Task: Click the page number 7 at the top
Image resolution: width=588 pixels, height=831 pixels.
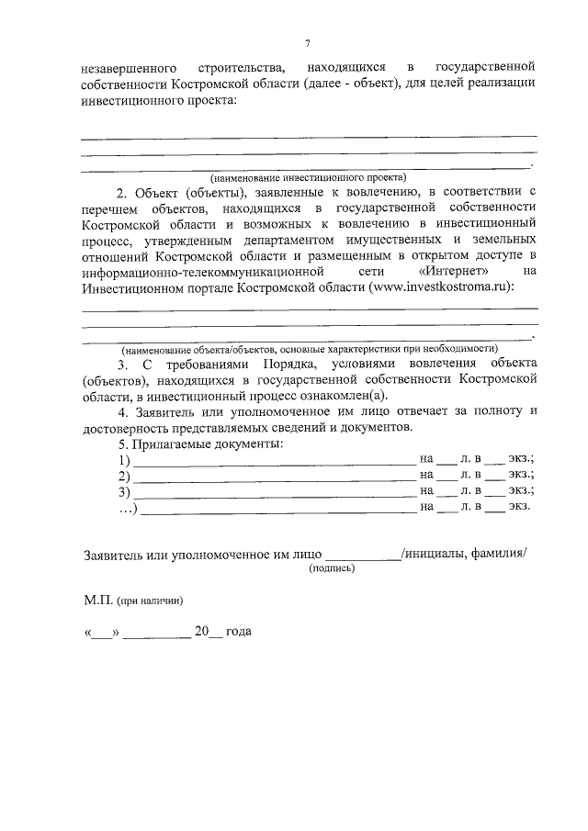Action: (309, 42)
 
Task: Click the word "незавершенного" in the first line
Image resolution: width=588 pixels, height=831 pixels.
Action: (125, 68)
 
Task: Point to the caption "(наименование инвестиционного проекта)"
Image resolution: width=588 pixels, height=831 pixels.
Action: (308, 176)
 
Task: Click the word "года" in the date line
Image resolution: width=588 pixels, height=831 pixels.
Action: (238, 633)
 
